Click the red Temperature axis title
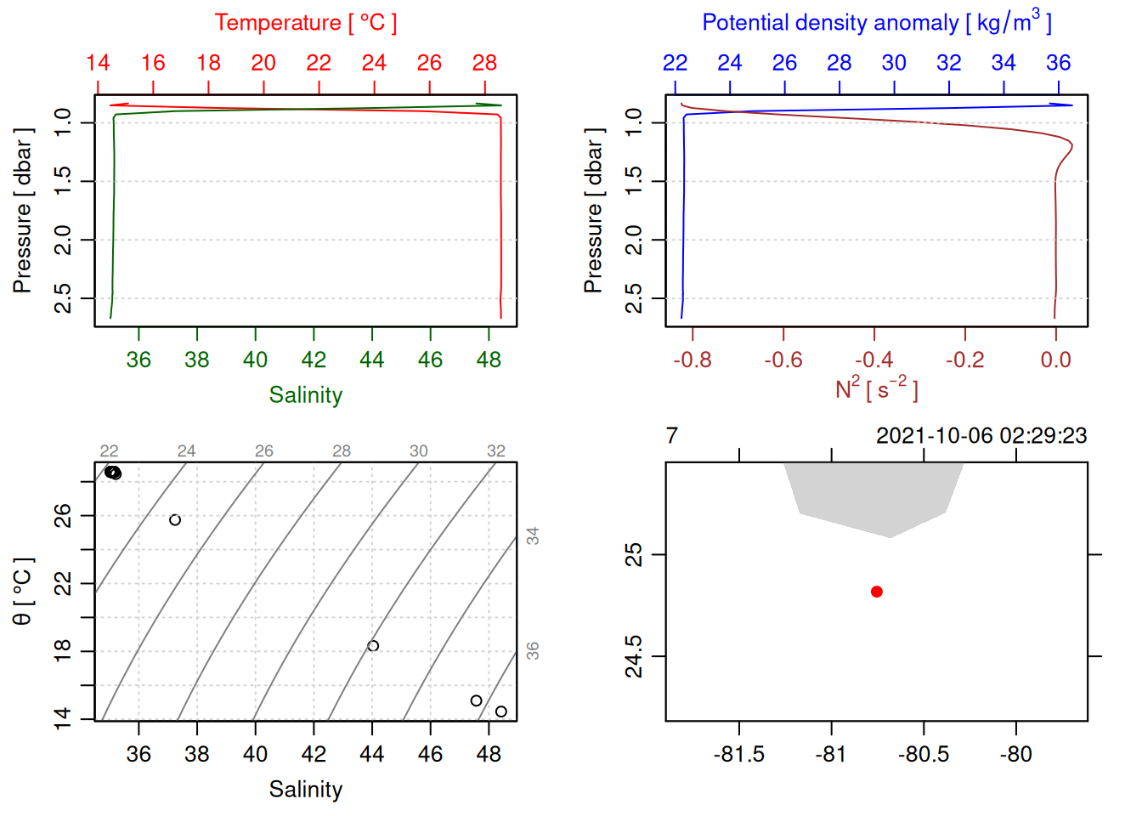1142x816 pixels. coord(305,22)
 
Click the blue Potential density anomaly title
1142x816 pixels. coord(876,22)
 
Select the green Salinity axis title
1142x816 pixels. coord(306,395)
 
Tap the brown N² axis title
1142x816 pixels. coord(876,388)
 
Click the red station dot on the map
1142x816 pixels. coord(877,592)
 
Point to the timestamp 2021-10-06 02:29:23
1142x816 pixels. coord(981,436)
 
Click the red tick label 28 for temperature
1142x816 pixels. coord(484,63)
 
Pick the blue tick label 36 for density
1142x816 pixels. coord(1058,63)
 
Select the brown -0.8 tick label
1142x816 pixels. coord(693,360)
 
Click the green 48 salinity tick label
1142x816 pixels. coord(489,360)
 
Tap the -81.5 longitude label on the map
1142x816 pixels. coord(739,755)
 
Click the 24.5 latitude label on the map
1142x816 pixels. coord(634,656)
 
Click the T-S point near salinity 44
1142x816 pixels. coord(373,646)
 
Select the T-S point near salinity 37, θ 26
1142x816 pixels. coord(175,520)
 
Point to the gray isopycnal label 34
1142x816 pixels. coord(533,535)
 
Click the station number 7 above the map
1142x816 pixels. coord(672,436)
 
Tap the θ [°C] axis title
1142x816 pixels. coord(23,592)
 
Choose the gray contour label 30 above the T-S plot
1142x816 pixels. coord(419,451)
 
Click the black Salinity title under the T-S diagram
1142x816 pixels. coord(306,790)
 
